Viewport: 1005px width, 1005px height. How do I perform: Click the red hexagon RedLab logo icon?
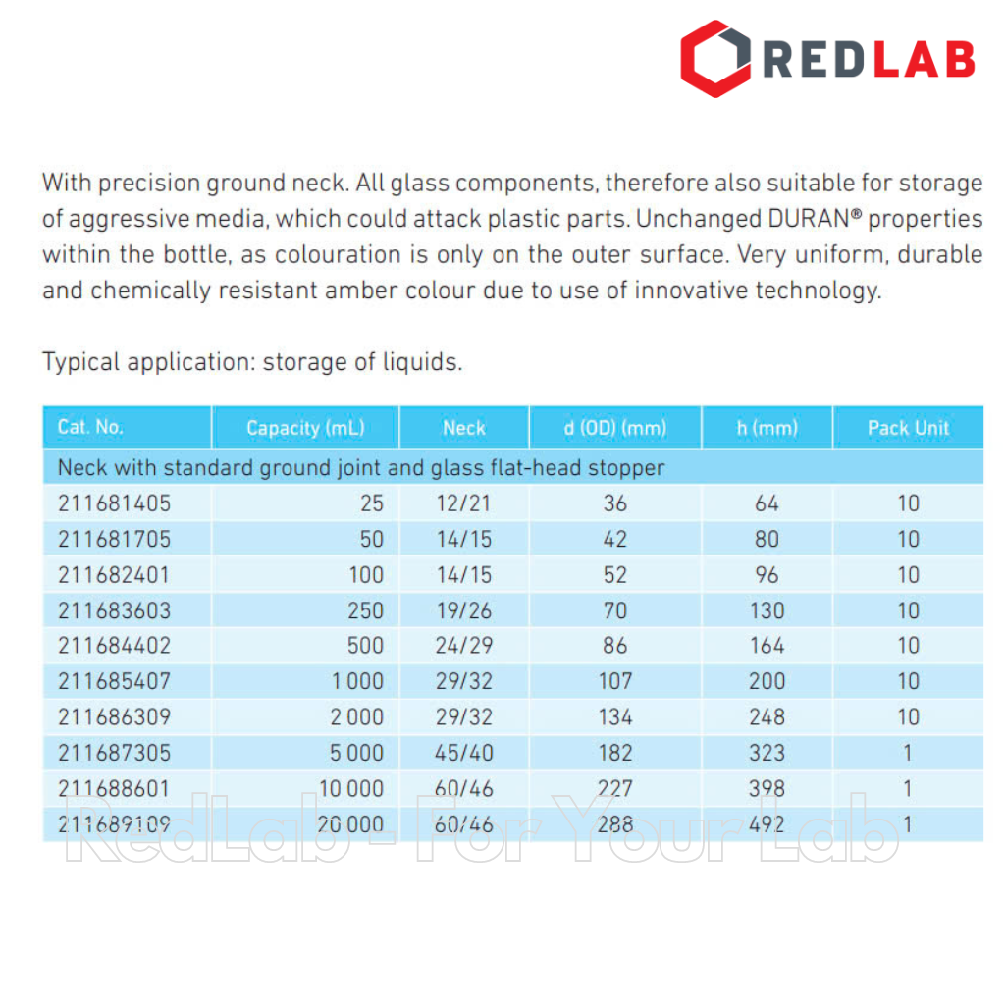click(715, 59)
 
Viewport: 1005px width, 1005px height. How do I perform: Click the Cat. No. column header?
click(90, 427)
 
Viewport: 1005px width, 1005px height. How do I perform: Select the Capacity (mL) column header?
click(305, 428)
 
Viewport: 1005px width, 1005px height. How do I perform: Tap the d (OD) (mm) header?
click(614, 428)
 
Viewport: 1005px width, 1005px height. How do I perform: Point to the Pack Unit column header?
click(908, 428)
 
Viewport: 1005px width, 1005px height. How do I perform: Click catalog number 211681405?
click(114, 503)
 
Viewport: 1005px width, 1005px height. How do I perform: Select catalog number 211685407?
click(114, 681)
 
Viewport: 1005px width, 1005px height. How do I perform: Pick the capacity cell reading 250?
click(366, 610)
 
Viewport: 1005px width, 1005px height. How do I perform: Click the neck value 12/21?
click(464, 503)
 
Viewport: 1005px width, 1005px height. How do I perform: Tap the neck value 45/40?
click(464, 753)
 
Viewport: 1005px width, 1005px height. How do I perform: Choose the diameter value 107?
click(615, 681)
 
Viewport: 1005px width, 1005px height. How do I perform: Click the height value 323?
click(767, 753)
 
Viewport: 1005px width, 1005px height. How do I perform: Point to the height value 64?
click(767, 503)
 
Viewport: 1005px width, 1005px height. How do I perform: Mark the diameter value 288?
click(615, 824)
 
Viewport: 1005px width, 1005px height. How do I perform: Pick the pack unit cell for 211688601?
click(908, 788)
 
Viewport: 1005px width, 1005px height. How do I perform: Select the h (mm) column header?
click(767, 428)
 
